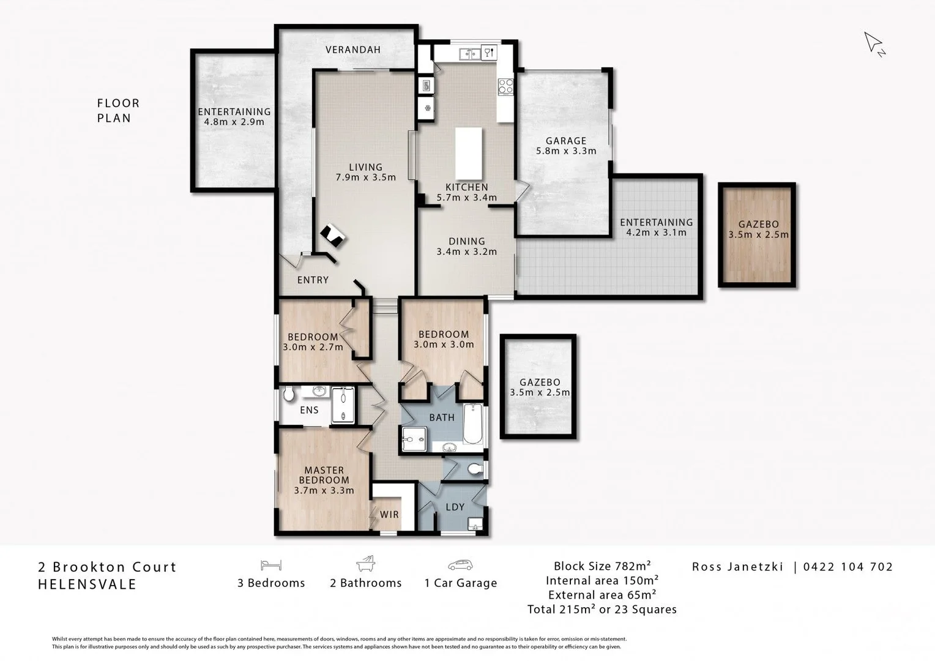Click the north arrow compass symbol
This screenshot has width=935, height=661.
[x=874, y=43]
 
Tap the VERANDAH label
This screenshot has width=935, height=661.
[x=353, y=50]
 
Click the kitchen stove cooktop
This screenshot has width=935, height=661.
[x=506, y=86]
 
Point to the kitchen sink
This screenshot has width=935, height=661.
[x=471, y=54]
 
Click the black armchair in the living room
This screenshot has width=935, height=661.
[x=333, y=235]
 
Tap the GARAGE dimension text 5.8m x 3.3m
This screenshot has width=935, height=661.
[x=566, y=151]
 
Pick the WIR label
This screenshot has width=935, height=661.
[x=389, y=514]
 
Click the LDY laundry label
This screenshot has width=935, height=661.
[x=455, y=507]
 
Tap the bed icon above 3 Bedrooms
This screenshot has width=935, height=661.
[x=270, y=565]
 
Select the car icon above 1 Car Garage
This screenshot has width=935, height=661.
[x=460, y=565]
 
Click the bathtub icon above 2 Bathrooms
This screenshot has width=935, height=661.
[x=365, y=564]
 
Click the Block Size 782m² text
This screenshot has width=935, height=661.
[x=602, y=566]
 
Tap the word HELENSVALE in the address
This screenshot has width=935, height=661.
[x=88, y=584]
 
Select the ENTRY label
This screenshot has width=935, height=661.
[x=313, y=280]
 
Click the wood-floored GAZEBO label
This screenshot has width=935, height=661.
[x=758, y=224]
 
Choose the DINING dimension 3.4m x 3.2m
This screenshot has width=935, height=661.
[x=466, y=252]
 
